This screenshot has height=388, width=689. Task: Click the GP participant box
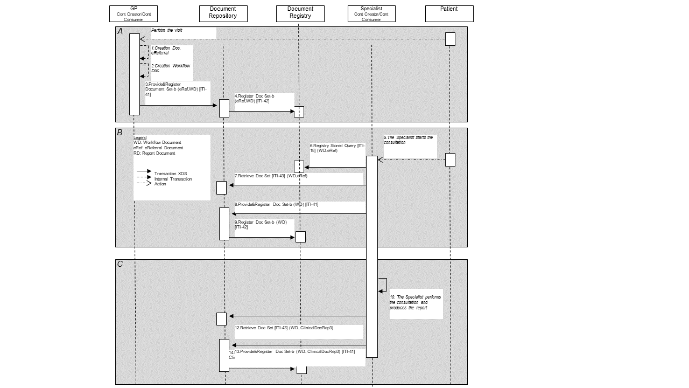[x=133, y=13]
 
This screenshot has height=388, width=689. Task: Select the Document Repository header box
[x=223, y=13]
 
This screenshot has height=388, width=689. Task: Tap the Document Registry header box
[x=300, y=13]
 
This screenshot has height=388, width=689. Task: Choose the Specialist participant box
[x=371, y=13]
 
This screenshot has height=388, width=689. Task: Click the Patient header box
[x=449, y=13]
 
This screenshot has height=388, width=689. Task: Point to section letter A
[x=120, y=31]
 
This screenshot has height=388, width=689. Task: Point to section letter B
[x=120, y=133]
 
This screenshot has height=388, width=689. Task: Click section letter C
[x=120, y=264]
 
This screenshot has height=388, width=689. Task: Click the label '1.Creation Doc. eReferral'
[x=166, y=51]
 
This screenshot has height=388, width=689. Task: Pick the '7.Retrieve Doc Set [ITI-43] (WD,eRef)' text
[x=271, y=176]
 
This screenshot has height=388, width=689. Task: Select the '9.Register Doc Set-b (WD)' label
[x=261, y=224]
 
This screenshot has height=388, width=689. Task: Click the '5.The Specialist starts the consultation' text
[x=408, y=140]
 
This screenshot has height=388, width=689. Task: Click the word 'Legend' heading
[x=140, y=138]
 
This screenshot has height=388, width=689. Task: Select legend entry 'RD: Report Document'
[x=154, y=153]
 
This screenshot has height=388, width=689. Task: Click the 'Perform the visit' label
[x=166, y=31]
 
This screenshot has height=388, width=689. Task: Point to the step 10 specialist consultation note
[x=415, y=302]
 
